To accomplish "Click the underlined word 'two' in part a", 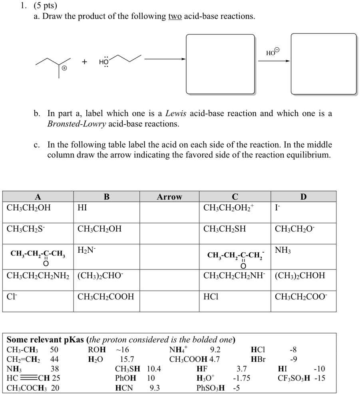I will [x=175, y=17].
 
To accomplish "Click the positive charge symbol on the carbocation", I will [x=64, y=69].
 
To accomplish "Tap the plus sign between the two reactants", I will [x=84, y=62].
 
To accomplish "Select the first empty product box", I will [x=220, y=64].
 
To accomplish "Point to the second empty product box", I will [x=324, y=64].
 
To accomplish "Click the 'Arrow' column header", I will [x=169, y=197].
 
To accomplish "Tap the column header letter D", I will [x=303, y=197].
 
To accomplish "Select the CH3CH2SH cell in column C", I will [x=225, y=229].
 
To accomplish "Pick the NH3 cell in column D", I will [x=283, y=250].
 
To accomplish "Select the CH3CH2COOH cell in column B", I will [x=106, y=297].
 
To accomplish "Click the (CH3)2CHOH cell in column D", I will [x=300, y=275].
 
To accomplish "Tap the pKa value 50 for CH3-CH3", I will [x=54, y=349].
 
